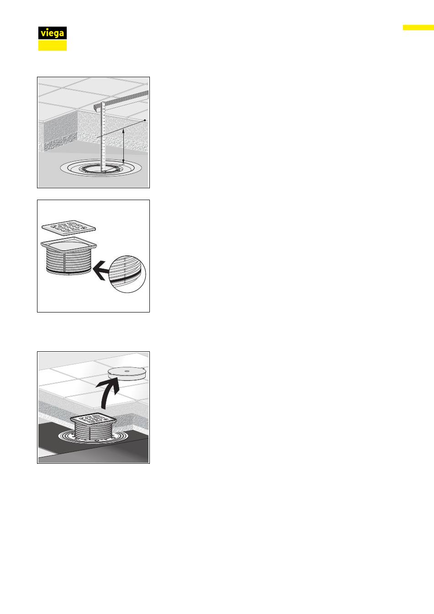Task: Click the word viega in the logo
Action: point(52,33)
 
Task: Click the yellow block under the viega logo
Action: point(53,45)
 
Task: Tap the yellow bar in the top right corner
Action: point(418,27)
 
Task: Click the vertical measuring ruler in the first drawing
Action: point(103,137)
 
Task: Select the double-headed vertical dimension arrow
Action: point(123,146)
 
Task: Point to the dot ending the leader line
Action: point(145,120)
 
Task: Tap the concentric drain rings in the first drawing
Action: point(101,168)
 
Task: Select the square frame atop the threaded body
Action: point(69,244)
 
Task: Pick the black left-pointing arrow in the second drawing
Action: point(101,270)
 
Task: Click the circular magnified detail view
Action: point(127,274)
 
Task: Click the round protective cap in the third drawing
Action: point(127,374)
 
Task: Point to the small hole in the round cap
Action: point(127,371)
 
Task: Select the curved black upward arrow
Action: point(108,394)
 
